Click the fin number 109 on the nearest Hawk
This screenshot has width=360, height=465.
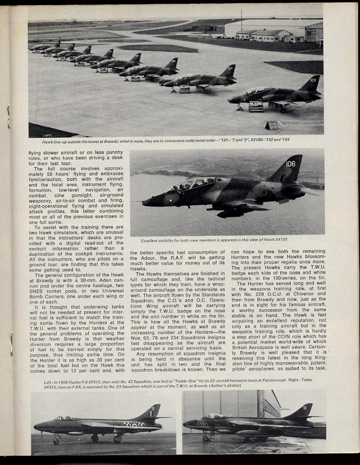(x=313, y=80)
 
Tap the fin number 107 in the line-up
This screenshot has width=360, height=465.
(x=230, y=69)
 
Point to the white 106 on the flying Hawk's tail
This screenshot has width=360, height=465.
(x=290, y=164)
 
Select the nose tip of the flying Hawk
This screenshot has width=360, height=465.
(x=144, y=203)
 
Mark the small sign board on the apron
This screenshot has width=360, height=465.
(x=272, y=126)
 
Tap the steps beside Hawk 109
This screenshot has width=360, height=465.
(x=256, y=107)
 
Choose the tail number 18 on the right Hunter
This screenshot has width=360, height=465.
(x=310, y=408)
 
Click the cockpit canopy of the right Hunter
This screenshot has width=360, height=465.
(x=214, y=416)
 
